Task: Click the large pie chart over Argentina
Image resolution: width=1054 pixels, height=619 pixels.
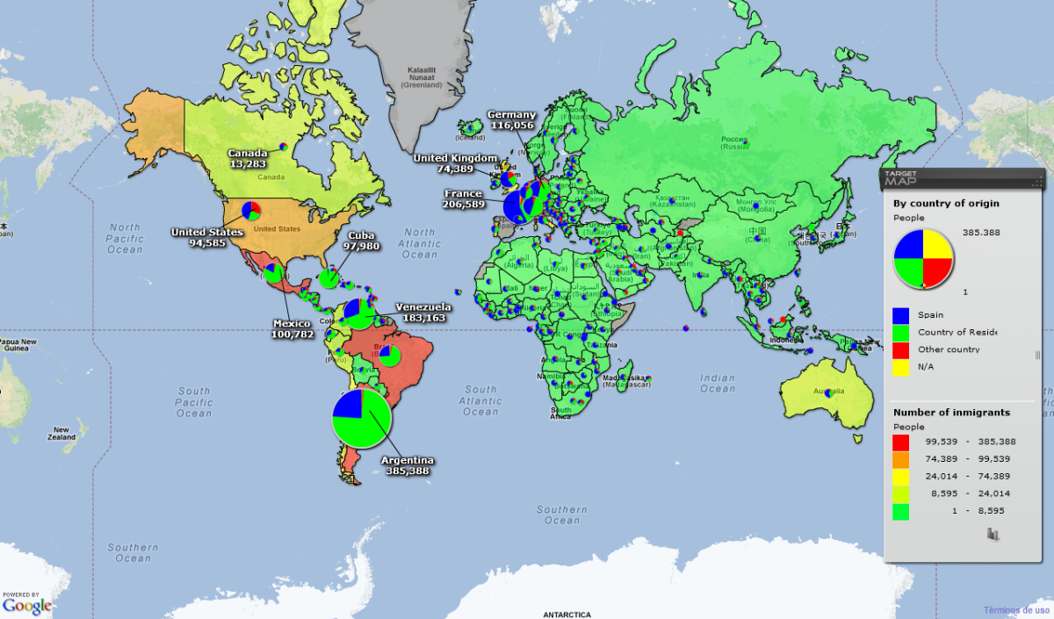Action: [x=361, y=419]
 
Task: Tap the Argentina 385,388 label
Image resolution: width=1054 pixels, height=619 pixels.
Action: [x=407, y=465]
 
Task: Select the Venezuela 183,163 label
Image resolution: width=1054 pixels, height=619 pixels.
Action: [x=422, y=313]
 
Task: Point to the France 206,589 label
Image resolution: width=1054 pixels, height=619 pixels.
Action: [x=464, y=198]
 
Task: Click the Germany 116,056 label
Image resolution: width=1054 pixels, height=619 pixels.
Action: [x=511, y=120]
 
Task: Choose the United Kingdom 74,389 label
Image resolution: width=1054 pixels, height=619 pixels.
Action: [x=456, y=163]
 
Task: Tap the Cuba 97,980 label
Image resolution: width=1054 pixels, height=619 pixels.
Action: [x=361, y=241]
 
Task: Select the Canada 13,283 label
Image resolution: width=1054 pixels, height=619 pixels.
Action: [x=248, y=159]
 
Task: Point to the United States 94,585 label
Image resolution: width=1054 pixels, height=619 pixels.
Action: [x=206, y=237]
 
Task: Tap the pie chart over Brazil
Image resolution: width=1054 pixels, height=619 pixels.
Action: [x=389, y=356]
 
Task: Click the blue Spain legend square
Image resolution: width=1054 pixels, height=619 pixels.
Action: [x=900, y=314]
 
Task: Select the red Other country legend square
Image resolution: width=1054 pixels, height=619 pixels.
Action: [x=900, y=349]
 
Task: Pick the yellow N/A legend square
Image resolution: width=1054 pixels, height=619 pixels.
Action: [x=900, y=367]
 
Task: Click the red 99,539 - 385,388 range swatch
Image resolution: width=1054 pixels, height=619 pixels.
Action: [x=900, y=441]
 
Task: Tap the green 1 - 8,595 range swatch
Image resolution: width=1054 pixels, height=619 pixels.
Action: [x=900, y=511]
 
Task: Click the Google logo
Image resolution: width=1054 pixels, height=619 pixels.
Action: [x=26, y=605]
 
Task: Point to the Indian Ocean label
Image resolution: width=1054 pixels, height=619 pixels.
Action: [x=718, y=383]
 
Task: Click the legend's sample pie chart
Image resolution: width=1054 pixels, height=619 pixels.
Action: [x=923, y=258]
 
